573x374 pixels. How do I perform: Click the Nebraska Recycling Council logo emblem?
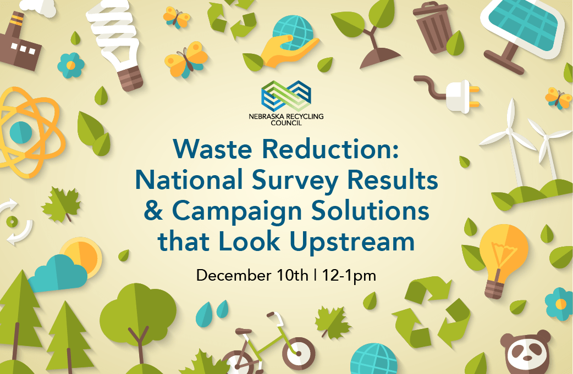tap(286, 96)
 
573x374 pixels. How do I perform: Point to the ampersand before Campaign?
tap(153, 211)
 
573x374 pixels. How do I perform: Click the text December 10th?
tap(252, 275)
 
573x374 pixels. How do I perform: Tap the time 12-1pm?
tap(349, 276)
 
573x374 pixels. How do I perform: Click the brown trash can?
tap(433, 27)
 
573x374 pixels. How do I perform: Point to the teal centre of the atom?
tap(21, 132)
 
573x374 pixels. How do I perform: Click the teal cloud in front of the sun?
tap(57, 273)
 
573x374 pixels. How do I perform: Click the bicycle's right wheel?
tap(298, 353)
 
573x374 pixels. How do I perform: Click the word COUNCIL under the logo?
tap(286, 123)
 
